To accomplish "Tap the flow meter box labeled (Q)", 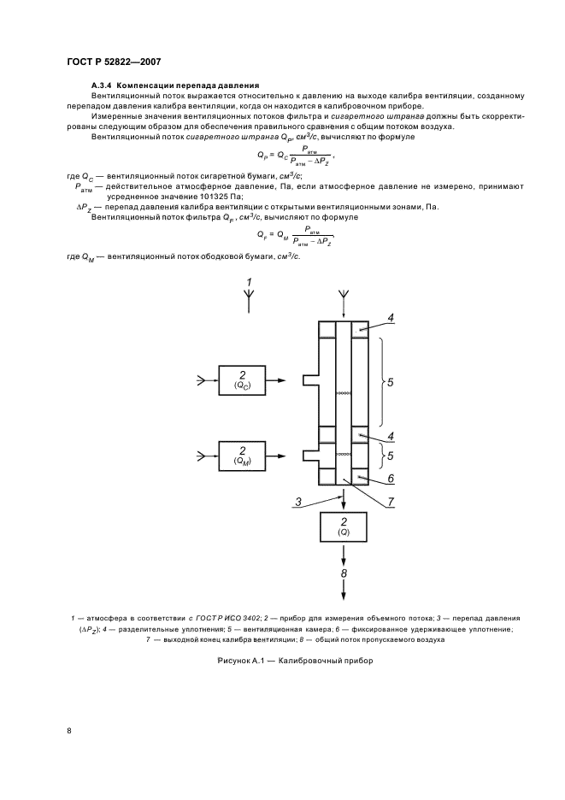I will (344, 526).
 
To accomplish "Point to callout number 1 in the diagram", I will (250, 282).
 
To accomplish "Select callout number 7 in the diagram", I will (391, 503).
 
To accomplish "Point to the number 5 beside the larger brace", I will (390, 383).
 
